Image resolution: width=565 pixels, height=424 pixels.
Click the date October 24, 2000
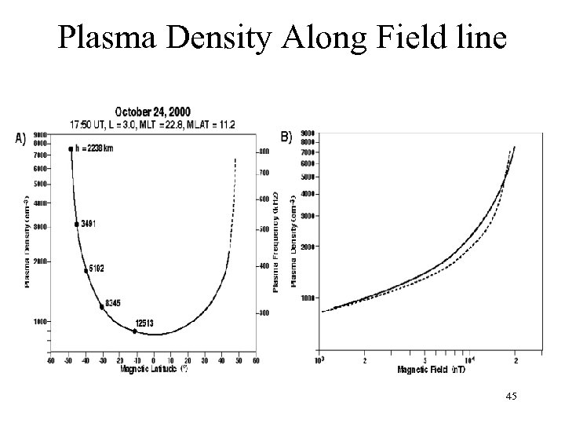(152, 112)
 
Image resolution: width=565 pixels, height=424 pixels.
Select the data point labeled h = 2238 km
(71, 149)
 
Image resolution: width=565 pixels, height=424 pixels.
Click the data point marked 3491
(77, 225)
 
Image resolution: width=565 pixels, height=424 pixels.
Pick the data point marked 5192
(86, 271)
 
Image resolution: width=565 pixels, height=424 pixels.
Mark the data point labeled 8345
(102, 307)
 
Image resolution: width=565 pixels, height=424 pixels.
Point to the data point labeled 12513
(134, 331)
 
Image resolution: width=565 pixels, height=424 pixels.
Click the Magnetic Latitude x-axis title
(153, 368)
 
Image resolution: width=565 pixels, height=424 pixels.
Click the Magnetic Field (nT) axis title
(430, 369)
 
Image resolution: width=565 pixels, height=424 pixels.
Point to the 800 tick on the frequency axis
(264, 151)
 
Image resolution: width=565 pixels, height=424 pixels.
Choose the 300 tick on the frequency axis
(264, 313)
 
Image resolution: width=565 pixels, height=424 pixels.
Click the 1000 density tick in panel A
(39, 321)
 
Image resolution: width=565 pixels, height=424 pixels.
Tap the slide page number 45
(511, 399)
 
